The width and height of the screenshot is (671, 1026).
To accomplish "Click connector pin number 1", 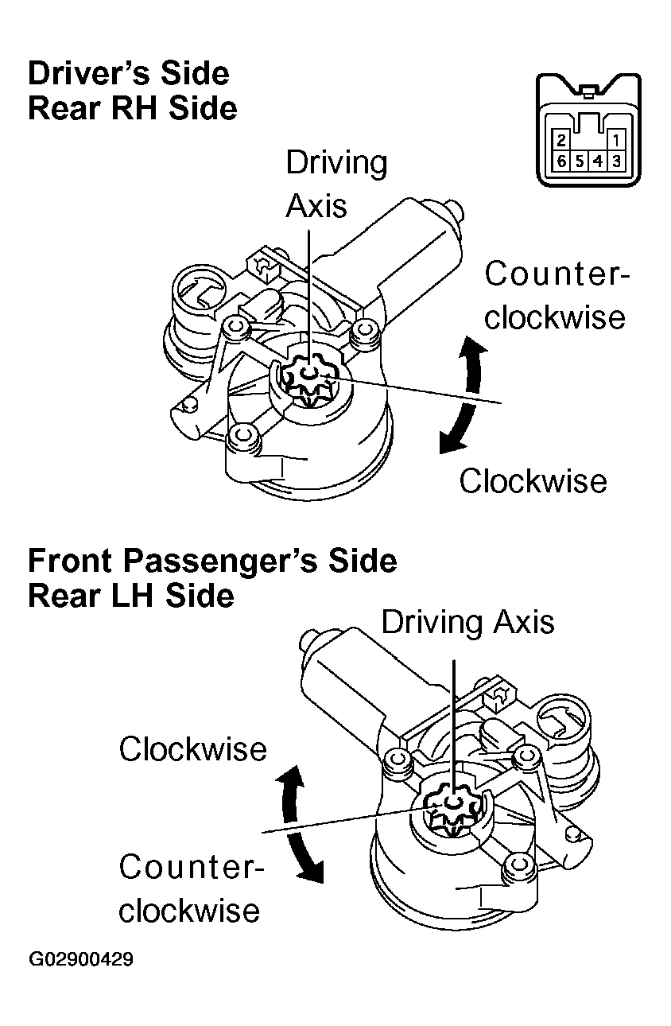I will click(x=617, y=141).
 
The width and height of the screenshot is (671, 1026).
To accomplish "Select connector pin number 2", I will click(x=561, y=141).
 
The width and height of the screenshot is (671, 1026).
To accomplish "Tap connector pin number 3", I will click(x=618, y=161).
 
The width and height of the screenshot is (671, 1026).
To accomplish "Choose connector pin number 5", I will click(x=580, y=161).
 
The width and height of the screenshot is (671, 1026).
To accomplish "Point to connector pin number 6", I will click(x=561, y=161).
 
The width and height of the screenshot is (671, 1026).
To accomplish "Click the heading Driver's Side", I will click(x=128, y=74).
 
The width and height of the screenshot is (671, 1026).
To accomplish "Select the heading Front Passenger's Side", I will click(x=211, y=561).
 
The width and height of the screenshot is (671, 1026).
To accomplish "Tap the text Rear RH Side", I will click(x=132, y=108).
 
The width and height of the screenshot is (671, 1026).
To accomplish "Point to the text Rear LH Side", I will click(x=131, y=595).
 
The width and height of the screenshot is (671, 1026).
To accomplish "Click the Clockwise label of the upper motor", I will click(x=533, y=480).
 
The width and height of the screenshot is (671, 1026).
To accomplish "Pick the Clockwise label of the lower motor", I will click(x=192, y=749).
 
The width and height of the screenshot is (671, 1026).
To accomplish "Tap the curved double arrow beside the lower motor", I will click(x=301, y=824).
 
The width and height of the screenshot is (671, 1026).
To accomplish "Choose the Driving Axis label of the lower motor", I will click(x=467, y=621).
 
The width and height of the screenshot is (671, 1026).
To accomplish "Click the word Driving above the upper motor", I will click(x=336, y=163).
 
